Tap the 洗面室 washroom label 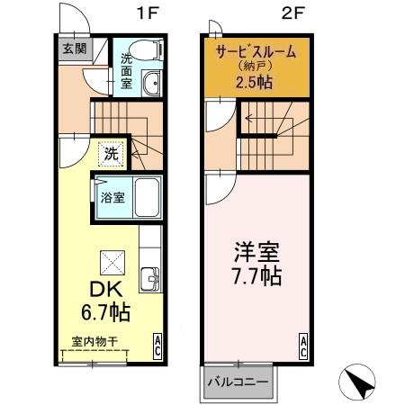tap(127, 69)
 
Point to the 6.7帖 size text tap(107, 313)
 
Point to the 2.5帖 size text tap(255, 83)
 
